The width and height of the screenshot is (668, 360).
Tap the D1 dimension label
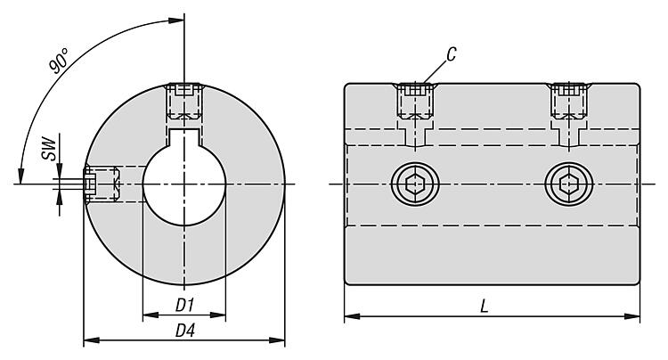click(x=184, y=305)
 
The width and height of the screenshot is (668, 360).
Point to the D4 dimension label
click(x=184, y=331)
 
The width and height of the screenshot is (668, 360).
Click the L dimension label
click(x=484, y=305)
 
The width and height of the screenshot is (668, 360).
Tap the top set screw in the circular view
click(x=184, y=100)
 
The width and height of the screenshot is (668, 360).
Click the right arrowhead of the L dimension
click(x=636, y=315)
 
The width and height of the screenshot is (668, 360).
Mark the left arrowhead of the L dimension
click(x=348, y=315)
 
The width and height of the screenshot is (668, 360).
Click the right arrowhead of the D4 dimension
click(x=281, y=340)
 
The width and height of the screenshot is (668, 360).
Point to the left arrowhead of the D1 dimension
click(x=147, y=315)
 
